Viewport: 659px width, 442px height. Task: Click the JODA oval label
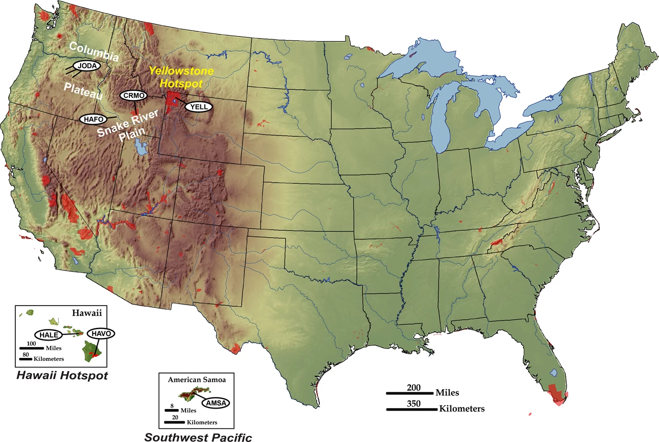pyautogui.click(x=87, y=66)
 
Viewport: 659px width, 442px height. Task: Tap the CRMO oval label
pyautogui.click(x=133, y=95)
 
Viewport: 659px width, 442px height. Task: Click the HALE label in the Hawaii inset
pyautogui.click(x=48, y=334)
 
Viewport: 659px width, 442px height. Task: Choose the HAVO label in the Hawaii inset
pyautogui.click(x=101, y=334)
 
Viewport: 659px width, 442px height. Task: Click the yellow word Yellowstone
pyautogui.click(x=174, y=71)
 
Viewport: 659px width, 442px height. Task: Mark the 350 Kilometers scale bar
pyautogui.click(x=411, y=409)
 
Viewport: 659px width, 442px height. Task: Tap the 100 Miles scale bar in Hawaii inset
pyautogui.click(x=31, y=348)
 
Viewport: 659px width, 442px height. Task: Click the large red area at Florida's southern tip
pyautogui.click(x=557, y=394)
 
